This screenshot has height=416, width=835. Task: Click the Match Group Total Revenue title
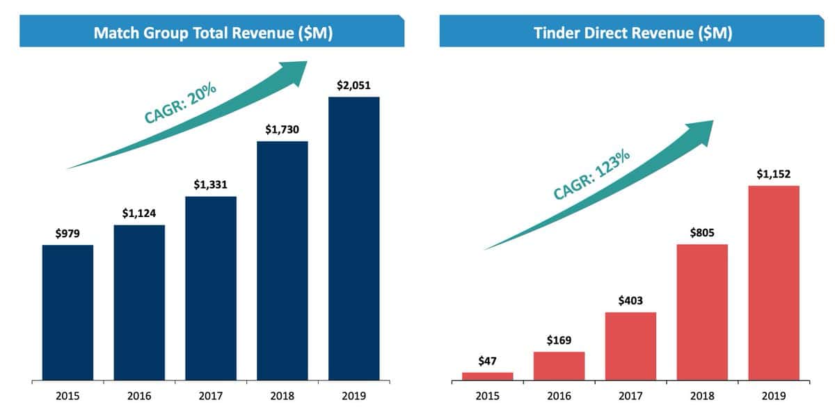[212, 33]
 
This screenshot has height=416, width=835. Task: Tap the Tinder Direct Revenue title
[632, 33]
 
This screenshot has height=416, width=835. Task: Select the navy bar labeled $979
[67, 312]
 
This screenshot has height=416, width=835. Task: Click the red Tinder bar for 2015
[487, 376]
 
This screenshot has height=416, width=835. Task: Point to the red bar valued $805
[702, 312]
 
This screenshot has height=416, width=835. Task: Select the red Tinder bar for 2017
[630, 346]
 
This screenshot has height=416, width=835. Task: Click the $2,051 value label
[354, 86]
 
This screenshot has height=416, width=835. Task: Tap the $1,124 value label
[139, 214]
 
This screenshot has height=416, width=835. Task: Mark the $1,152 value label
[774, 174]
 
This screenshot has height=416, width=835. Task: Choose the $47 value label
[487, 360]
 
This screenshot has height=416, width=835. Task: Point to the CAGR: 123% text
[591, 174]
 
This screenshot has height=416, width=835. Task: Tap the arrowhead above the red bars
[703, 130]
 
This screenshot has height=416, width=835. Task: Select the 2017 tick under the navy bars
[211, 397]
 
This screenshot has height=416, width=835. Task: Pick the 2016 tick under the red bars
[559, 397]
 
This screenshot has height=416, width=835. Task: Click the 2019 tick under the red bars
[774, 397]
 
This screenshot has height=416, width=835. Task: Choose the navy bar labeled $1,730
[283, 261]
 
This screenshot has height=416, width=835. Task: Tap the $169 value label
[559, 341]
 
